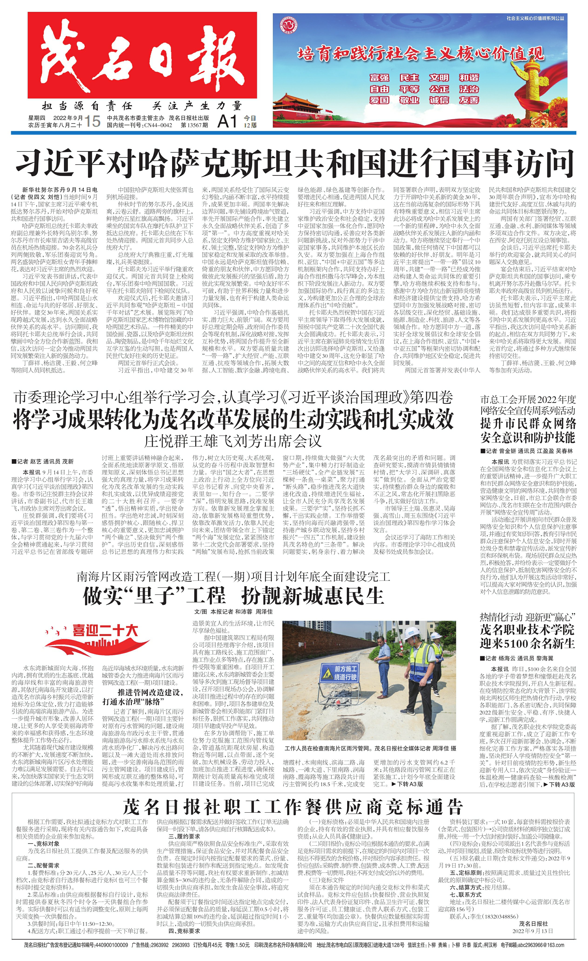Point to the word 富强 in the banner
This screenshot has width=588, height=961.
pos(380,78)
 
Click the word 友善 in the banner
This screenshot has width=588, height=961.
pos(469,100)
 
